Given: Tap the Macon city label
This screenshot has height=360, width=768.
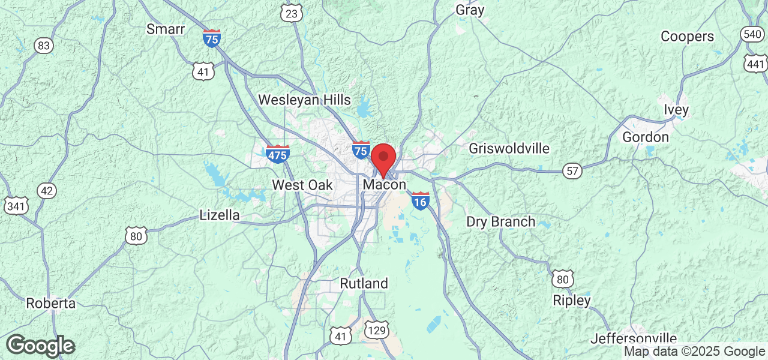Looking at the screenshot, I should (385, 185).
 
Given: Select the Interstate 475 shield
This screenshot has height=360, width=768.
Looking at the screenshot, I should (278, 154).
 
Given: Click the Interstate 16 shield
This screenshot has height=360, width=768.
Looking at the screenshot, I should (421, 201).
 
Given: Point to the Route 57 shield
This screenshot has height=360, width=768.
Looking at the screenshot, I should (573, 172).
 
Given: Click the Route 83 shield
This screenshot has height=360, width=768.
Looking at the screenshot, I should (43, 46).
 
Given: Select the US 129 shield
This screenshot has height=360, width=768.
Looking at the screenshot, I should (377, 329).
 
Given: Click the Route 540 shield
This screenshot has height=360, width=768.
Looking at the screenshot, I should (752, 34).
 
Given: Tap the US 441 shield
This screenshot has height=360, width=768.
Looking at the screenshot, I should (756, 64).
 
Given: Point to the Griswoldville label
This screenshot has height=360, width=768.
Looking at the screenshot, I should (509, 148).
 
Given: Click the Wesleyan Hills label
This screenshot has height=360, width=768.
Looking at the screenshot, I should (304, 100).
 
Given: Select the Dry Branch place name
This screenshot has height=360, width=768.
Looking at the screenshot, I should (501, 221).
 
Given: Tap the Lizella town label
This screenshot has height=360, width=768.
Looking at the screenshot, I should (220, 215).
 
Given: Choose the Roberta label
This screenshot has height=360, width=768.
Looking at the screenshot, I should (51, 303).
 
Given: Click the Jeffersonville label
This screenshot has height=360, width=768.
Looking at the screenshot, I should (634, 339).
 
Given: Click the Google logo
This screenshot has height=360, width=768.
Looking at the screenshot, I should (40, 346).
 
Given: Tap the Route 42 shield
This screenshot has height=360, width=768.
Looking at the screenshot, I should (46, 191).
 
